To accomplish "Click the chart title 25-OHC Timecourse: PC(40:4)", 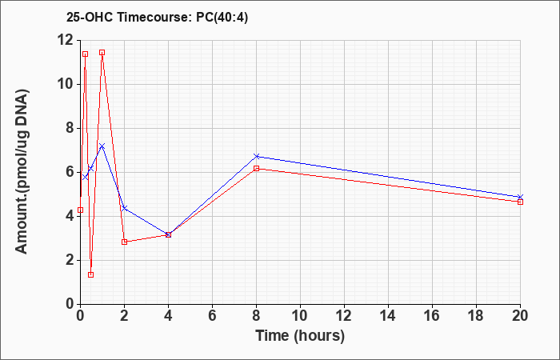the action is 157,18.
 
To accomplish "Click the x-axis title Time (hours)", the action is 300,336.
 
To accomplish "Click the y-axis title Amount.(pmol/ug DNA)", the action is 22,172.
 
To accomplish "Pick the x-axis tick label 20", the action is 520,316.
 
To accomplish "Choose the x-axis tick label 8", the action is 257,316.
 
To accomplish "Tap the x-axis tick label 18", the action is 476,316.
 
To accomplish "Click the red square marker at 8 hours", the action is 257,168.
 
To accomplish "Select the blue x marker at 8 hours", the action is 257,157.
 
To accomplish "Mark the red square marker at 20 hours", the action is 520,202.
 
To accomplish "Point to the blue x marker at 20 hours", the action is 520,197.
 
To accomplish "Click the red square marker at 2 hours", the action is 124,242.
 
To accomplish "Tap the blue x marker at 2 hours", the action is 124,208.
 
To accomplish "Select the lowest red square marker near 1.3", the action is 90,274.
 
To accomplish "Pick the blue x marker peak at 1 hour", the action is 102,146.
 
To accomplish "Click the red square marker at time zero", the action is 80,210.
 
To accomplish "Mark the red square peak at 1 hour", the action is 102,53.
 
